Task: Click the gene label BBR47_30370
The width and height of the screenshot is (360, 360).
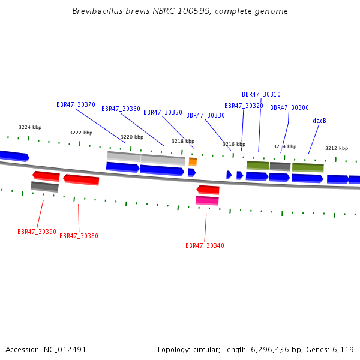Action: coord(76,104)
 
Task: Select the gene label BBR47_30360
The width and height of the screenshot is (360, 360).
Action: coord(121,109)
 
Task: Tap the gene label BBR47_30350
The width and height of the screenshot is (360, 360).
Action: coord(163,113)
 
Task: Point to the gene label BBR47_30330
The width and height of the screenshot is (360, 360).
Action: coord(205,116)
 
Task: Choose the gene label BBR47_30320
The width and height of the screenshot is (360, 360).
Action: coord(244,106)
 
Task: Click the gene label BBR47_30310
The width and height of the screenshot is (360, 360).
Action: coord(261,95)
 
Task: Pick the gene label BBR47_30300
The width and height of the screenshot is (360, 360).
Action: coord(289,108)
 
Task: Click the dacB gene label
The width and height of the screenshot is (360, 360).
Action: coord(319,121)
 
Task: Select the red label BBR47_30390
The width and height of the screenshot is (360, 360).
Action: coord(37,232)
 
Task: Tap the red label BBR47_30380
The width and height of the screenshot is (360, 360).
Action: coord(79,236)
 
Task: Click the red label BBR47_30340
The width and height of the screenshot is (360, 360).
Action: coord(205,246)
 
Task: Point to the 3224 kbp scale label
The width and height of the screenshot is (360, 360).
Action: coord(30,128)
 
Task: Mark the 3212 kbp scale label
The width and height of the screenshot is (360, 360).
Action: coord(337,148)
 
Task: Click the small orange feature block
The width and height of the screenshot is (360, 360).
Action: coord(193,162)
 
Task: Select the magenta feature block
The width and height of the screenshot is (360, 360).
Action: coord(207,200)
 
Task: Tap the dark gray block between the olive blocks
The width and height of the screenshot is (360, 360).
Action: coord(280,166)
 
